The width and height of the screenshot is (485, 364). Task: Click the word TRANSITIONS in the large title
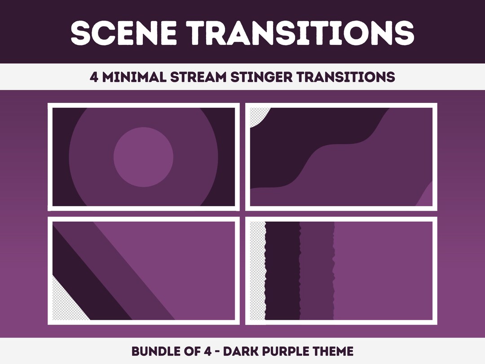[300, 32]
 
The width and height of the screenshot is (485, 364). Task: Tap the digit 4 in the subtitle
[93, 77]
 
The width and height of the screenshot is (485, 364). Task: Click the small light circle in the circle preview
[143, 157]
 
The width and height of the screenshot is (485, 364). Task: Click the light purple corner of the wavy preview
[427, 198]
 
